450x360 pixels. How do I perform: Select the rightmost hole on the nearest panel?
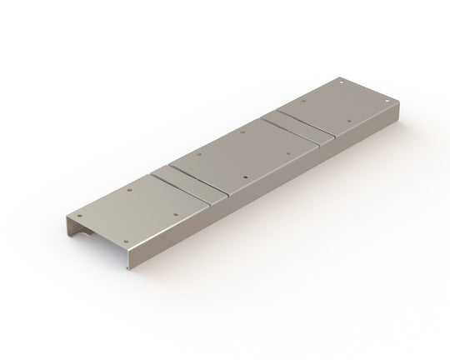coord(177,212)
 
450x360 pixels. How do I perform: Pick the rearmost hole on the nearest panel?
coord(130,190)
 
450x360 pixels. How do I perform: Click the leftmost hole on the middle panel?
coord(199,154)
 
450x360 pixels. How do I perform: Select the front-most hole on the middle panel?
coord(244,177)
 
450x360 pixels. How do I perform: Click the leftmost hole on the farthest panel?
coord(303,101)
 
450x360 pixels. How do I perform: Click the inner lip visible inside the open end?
coord(84,236)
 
